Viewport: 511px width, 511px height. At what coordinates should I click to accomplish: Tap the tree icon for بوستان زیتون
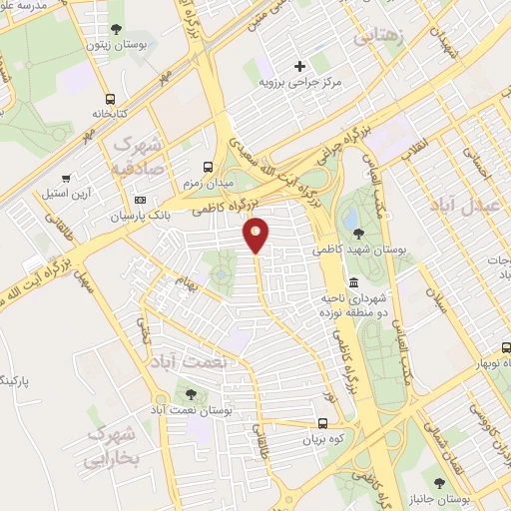coord(119,29)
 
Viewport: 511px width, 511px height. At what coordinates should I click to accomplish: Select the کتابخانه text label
coord(110,115)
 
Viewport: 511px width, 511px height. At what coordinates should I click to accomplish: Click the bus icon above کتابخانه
coord(110,99)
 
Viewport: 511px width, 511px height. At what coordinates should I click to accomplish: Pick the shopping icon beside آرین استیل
coord(66,178)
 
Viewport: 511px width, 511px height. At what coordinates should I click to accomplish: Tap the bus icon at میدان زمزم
coord(208,168)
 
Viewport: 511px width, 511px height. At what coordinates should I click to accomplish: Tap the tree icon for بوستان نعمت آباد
coord(189,396)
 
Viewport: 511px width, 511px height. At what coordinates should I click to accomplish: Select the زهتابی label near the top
coord(374,37)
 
